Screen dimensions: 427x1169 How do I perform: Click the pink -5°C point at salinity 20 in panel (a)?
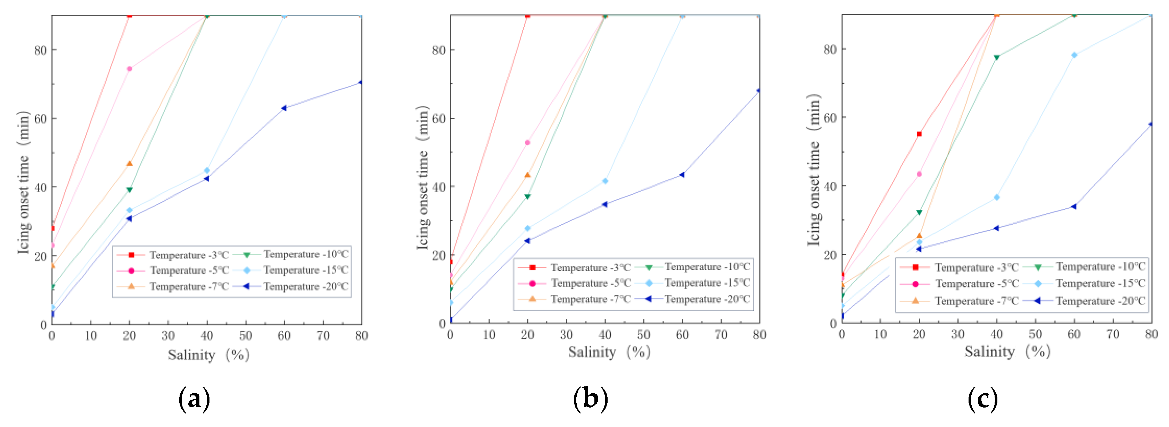point(129,69)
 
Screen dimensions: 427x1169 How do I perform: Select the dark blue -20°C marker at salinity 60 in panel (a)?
point(284,108)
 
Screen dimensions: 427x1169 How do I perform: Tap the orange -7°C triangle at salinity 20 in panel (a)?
point(129,164)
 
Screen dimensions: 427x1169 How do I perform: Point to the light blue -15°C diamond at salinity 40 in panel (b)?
point(605,181)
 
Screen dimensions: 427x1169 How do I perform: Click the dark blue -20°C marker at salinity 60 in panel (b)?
point(682,175)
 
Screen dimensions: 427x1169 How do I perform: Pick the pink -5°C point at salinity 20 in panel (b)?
point(527,142)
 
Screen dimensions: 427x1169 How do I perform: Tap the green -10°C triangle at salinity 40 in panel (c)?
point(997,58)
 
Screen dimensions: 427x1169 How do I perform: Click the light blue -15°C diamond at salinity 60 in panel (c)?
point(1074,55)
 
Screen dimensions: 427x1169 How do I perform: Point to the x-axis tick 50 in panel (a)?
point(246,336)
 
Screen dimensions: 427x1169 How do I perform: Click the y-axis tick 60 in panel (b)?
point(439,118)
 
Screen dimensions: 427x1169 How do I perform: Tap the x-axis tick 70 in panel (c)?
point(1113,335)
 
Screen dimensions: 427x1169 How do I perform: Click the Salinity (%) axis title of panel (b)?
point(609,352)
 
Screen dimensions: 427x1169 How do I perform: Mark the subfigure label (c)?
point(982,399)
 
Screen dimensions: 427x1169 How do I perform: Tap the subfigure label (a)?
point(194,399)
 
